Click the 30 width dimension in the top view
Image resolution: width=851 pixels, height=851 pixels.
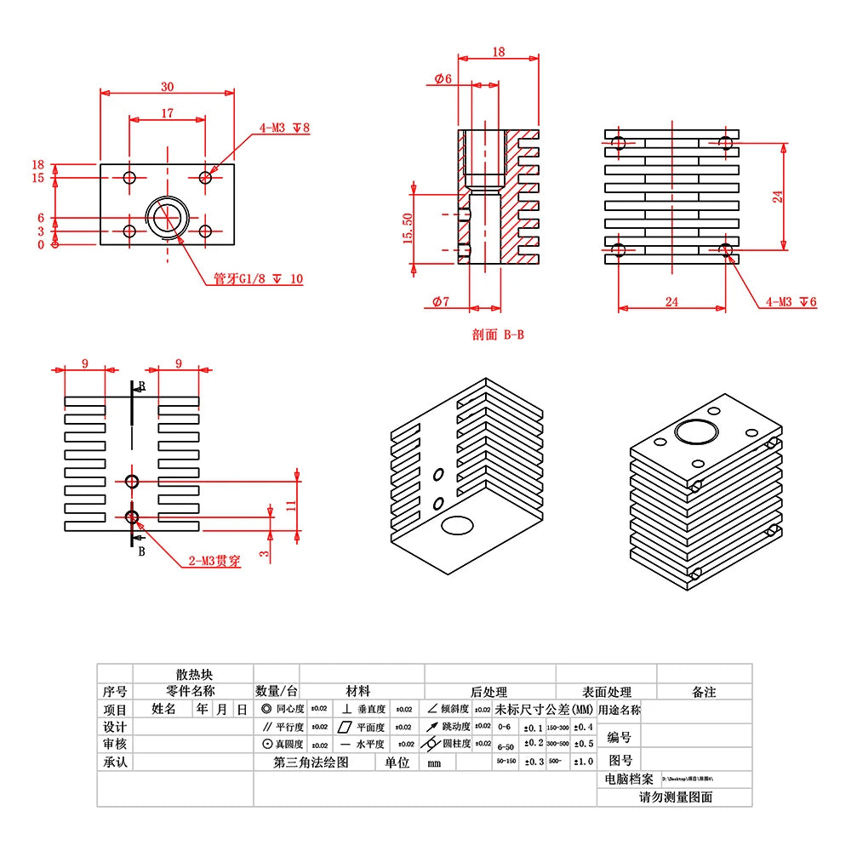tap(167, 87)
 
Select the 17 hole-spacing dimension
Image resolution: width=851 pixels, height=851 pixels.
tap(167, 112)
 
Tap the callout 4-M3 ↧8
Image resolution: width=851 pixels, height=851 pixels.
tap(284, 129)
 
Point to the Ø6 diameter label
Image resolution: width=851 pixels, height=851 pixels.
tap(443, 78)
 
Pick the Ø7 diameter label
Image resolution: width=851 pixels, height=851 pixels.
tap(441, 301)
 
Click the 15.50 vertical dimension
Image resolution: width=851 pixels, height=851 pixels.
tap(408, 228)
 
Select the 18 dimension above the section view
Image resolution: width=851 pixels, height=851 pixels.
tap(498, 53)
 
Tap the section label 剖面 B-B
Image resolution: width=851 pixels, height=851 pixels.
tap(498, 334)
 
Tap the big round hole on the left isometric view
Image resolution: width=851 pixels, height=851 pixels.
tap(457, 525)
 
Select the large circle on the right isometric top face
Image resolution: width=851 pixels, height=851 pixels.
tap(696, 431)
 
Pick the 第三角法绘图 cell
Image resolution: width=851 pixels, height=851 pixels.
tap(311, 762)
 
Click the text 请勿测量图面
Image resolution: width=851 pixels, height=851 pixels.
tap(676, 797)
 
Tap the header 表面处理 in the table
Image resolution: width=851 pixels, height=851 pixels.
tap(607, 692)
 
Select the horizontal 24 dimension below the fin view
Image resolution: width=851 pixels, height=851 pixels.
tap(671, 301)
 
